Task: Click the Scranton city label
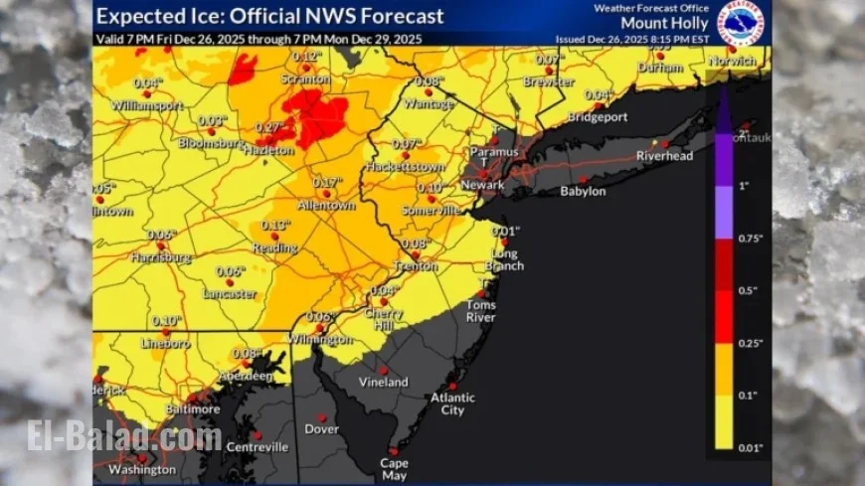(x=306, y=75)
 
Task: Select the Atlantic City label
(x=452, y=404)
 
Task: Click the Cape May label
(x=395, y=469)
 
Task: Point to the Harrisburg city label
(x=160, y=256)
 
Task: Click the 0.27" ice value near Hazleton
(x=269, y=127)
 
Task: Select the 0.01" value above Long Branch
(x=506, y=232)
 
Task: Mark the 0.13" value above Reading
(x=275, y=226)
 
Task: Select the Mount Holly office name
(x=665, y=22)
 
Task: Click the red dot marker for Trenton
(x=417, y=255)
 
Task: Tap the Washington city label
(x=142, y=469)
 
